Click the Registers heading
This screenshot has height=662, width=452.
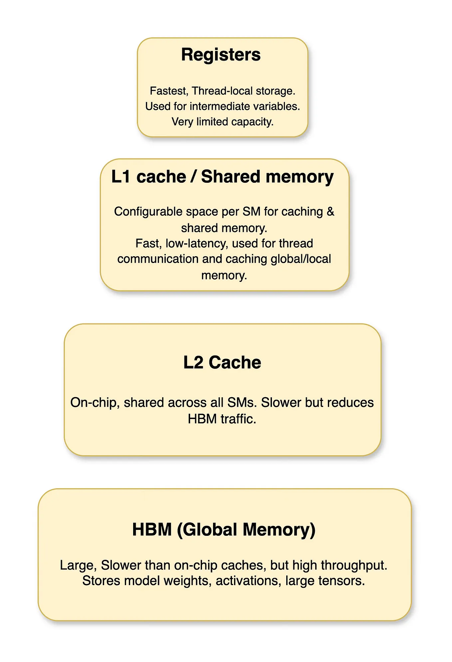(x=221, y=55)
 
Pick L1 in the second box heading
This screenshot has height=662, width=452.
(x=121, y=176)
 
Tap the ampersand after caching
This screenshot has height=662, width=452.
(x=330, y=212)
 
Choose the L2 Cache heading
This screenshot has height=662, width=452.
(x=222, y=362)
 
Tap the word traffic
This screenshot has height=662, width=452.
(x=238, y=419)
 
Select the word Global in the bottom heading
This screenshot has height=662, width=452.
(x=210, y=530)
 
